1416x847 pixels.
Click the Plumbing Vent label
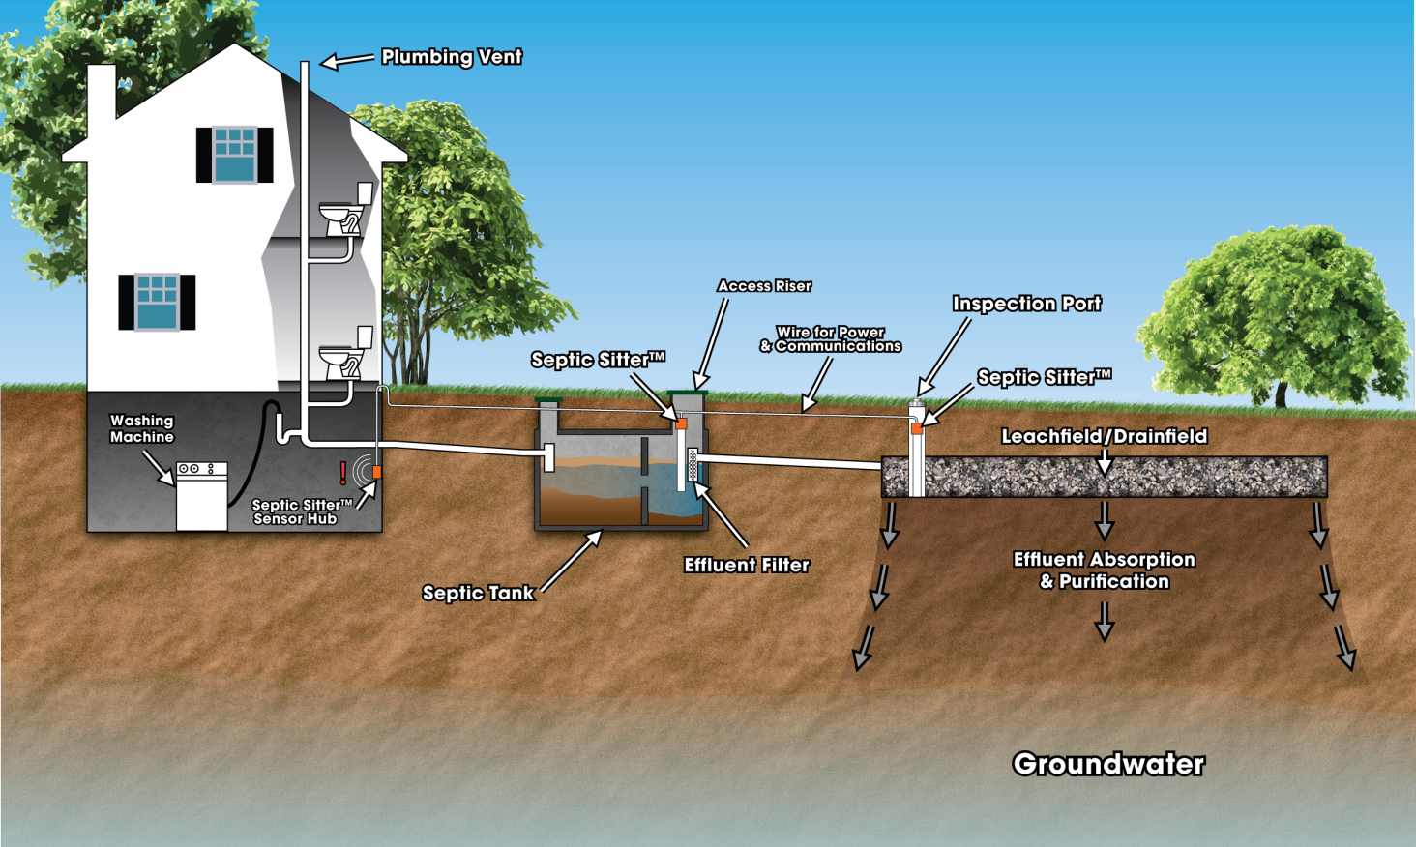(451, 57)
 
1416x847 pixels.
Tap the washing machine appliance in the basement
(201, 496)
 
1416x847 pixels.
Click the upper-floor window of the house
(235, 155)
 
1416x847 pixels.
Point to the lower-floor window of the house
(157, 302)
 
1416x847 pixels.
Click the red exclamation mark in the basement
(342, 473)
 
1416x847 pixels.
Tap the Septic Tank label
(478, 593)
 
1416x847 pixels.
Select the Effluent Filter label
(746, 565)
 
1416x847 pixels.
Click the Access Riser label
(764, 286)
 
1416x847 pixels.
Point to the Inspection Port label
(1026, 304)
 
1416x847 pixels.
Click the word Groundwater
(1108, 764)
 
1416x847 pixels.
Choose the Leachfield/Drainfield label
(1104, 436)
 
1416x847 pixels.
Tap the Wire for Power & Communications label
(831, 339)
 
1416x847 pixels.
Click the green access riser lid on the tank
(688, 394)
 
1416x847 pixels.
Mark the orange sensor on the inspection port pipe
(916, 428)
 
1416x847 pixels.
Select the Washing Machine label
(142, 428)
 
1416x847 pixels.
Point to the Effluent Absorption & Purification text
(1104, 570)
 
